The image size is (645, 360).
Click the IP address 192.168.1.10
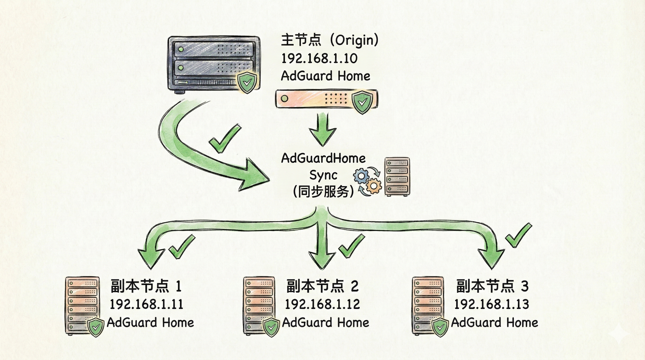point(319,59)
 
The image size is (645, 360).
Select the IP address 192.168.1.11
point(146,304)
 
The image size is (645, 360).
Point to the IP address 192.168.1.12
point(322,304)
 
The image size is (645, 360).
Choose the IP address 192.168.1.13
point(491,304)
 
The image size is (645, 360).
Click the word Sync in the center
point(323,175)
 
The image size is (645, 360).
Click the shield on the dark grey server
point(247,82)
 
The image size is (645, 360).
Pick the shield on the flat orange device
point(362,102)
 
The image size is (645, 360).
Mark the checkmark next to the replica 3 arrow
point(517,235)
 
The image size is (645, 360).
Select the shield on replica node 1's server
point(96,327)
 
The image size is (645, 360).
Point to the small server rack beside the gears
point(397,177)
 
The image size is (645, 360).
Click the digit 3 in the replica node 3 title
point(524,286)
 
